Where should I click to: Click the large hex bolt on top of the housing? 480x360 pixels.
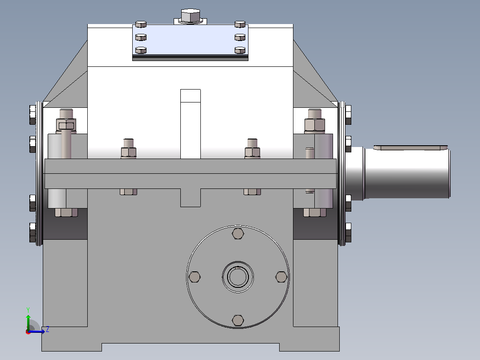coord(191,16)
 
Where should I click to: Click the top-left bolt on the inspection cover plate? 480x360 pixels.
coord(141,24)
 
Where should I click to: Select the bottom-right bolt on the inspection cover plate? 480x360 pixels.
coord(240,50)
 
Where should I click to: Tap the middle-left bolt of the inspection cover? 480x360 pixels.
coord(141,37)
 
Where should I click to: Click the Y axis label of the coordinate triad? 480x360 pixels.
coord(28,310)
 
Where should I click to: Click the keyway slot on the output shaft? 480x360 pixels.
coord(411,147)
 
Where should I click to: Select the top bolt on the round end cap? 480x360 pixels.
coord(238,233)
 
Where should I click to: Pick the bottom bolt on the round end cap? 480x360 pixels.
coord(238,320)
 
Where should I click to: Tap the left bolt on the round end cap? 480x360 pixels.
coord(195,277)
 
